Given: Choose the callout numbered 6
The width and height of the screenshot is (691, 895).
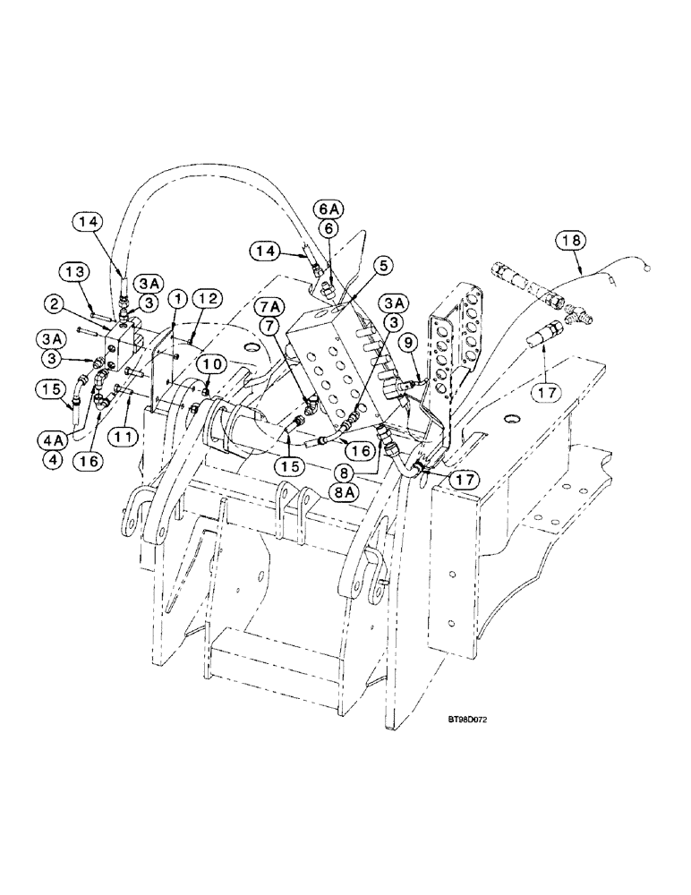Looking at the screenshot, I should click(328, 229).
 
